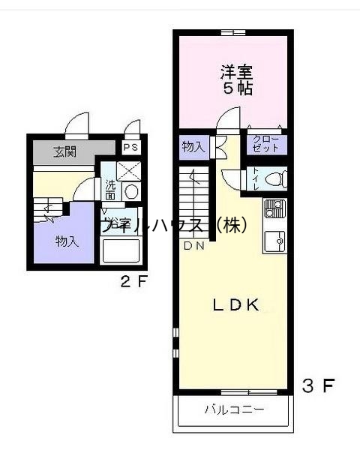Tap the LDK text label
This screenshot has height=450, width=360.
click(235, 304)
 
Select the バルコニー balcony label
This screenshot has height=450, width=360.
click(234, 410)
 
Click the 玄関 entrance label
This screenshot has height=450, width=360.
click(64, 151)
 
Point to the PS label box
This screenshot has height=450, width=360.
click(131, 148)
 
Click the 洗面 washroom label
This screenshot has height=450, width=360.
click(110, 190)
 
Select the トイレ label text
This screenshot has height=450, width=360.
click(256, 178)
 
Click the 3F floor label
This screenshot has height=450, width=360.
click(316, 387)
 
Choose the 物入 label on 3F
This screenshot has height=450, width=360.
click(193, 147)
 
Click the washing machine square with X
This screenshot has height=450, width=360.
click(129, 171)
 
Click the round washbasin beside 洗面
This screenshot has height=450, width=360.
click(130, 192)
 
